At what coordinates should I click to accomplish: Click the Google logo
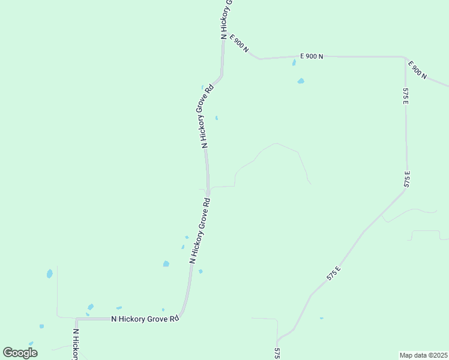pos(20,353)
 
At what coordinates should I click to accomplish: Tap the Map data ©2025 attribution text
pos(423,355)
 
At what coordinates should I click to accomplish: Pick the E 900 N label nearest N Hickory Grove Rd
pos(239,43)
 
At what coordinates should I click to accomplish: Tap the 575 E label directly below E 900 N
pos(406,97)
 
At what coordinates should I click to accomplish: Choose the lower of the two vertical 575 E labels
pos(407,179)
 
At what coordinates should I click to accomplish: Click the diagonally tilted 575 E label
pos(334,273)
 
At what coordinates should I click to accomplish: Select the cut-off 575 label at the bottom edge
pos(277,353)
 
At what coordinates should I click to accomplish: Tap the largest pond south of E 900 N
pos(300,81)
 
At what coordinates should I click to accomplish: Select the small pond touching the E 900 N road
pos(294,62)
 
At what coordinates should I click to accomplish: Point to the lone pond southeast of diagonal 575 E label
pos(322,318)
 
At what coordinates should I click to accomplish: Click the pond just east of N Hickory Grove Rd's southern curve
pos(200,271)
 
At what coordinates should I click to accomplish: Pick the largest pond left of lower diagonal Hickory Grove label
pos(166,263)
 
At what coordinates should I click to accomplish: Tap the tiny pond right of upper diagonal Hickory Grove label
pos(216,118)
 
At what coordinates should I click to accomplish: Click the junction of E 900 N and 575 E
pos(405,58)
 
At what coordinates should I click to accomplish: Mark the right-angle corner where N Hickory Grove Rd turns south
pos(77,319)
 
